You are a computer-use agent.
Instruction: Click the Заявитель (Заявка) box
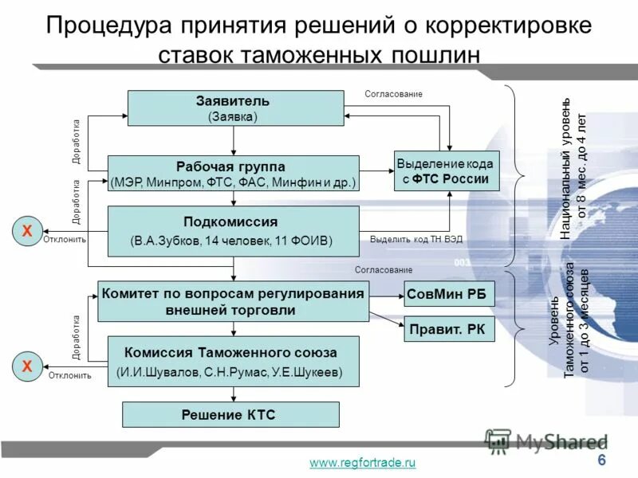[233, 108]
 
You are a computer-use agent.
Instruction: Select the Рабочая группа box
[233, 174]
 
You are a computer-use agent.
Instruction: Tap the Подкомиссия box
[233, 229]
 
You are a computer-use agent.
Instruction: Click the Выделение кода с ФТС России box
[447, 170]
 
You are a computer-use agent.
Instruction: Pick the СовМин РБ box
[450, 294]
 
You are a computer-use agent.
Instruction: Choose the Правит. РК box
[450, 329]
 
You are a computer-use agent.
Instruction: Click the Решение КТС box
[230, 414]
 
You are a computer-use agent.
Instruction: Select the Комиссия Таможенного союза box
[233, 361]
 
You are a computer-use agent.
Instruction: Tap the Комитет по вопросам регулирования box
[233, 301]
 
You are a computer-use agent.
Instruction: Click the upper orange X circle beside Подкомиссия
[27, 231]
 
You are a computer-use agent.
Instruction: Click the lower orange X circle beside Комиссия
[27, 366]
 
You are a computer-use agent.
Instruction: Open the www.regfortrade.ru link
[363, 463]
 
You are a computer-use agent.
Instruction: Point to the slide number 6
[601, 461]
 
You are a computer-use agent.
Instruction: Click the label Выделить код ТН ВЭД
[416, 239]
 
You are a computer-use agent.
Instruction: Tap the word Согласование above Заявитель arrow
[393, 94]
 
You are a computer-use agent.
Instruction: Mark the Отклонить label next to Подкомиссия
[65, 239]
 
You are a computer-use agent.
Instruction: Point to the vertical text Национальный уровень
[565, 169]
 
